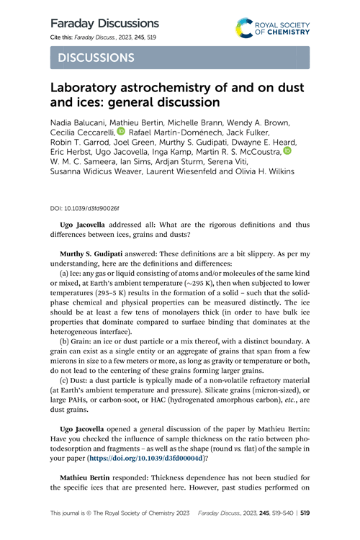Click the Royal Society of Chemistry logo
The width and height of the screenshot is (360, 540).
point(271,28)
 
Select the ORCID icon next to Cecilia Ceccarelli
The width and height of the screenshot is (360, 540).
point(121,131)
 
